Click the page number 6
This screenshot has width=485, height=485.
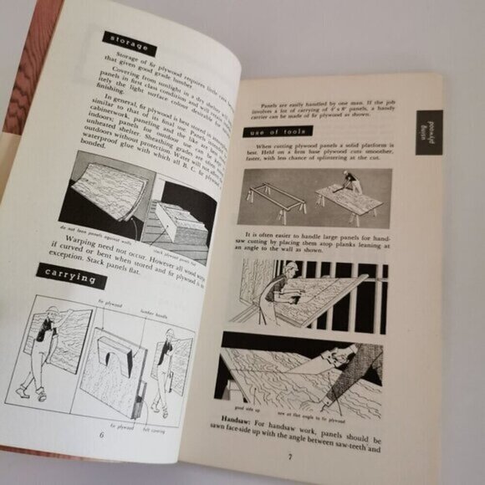[x=101, y=433]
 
